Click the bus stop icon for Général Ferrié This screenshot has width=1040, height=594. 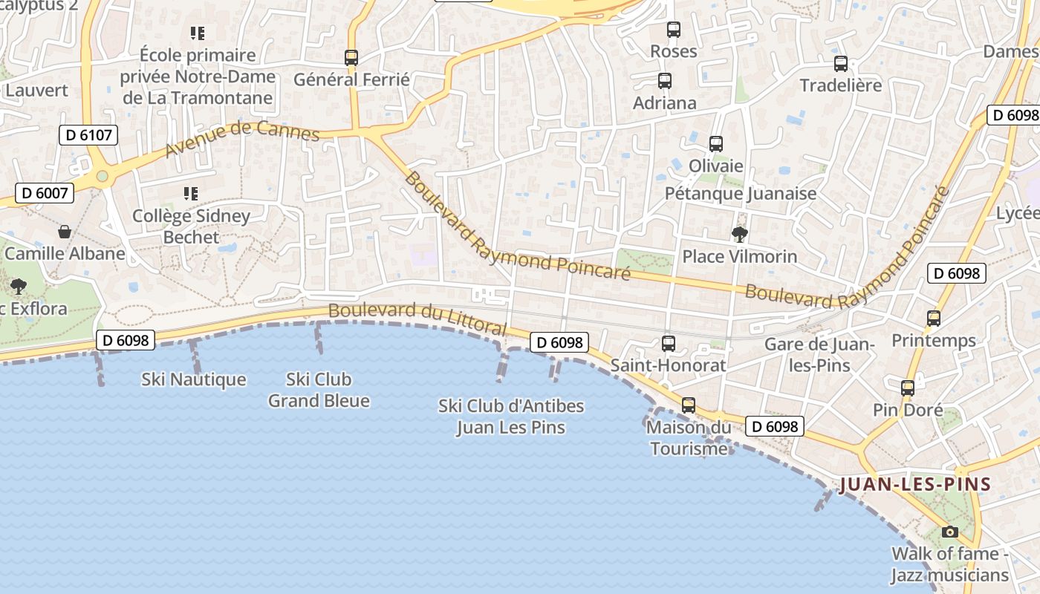pos(351,57)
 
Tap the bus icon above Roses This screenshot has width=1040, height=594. pos(674,30)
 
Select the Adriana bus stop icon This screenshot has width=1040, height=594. pos(665,81)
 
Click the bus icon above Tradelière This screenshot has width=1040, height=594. pos(841,64)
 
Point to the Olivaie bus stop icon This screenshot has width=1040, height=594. pos(716,144)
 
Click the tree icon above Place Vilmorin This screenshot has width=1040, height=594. pos(739,235)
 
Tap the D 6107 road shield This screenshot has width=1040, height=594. pos(88,134)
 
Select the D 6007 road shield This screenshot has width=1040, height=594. pos(45,194)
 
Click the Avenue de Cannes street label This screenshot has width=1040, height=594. pos(242,138)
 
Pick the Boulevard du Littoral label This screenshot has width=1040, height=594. pos(417,319)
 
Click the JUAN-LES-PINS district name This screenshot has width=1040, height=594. pos(915,485)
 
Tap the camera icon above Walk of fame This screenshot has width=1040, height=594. pos(949,532)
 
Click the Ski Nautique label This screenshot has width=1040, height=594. pos(194,379)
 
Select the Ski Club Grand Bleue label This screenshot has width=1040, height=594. pos(319,390)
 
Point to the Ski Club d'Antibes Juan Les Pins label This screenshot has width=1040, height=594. pos(511,417)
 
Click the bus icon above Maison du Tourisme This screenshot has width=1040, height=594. pos(689,405)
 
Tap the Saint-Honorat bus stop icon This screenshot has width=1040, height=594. pos(669,344)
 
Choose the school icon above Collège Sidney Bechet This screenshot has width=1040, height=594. pos(191,194)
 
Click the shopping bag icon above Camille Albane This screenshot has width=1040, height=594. pos(65,232)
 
